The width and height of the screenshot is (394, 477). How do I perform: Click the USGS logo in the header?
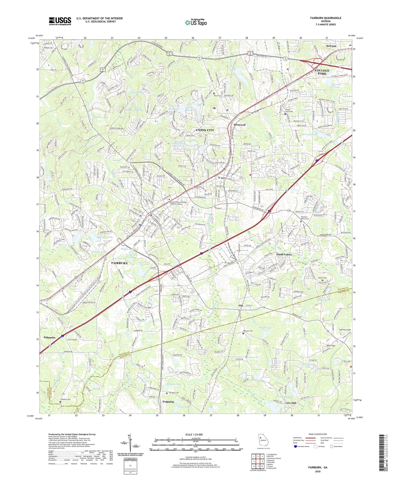pyautogui.click(x=60, y=21)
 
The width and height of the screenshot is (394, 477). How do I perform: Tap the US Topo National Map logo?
pyautogui.click(x=196, y=22)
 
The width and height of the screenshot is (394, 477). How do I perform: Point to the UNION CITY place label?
pyautogui.click(x=205, y=130)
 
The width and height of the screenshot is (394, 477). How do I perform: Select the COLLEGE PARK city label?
pyautogui.click(x=322, y=72)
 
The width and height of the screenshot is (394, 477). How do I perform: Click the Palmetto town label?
pyautogui.click(x=50, y=338)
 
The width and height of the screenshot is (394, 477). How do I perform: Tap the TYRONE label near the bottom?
pyautogui.click(x=168, y=402)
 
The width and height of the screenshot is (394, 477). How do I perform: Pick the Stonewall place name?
pyautogui.click(x=240, y=125)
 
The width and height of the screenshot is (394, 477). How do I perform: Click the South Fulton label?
pyautogui.click(x=284, y=255)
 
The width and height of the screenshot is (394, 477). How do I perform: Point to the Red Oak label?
pyautogui.click(x=331, y=46)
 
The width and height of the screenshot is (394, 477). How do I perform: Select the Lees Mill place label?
pyautogui.click(x=291, y=403)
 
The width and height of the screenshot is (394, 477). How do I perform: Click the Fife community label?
pyautogui.click(x=241, y=305)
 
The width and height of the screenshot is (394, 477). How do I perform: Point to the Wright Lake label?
pyautogui.click(x=265, y=328)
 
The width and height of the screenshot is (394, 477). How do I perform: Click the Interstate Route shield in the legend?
pyautogui.click(x=296, y=446)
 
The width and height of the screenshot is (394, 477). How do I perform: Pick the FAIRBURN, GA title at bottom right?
pyautogui.click(x=318, y=467)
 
